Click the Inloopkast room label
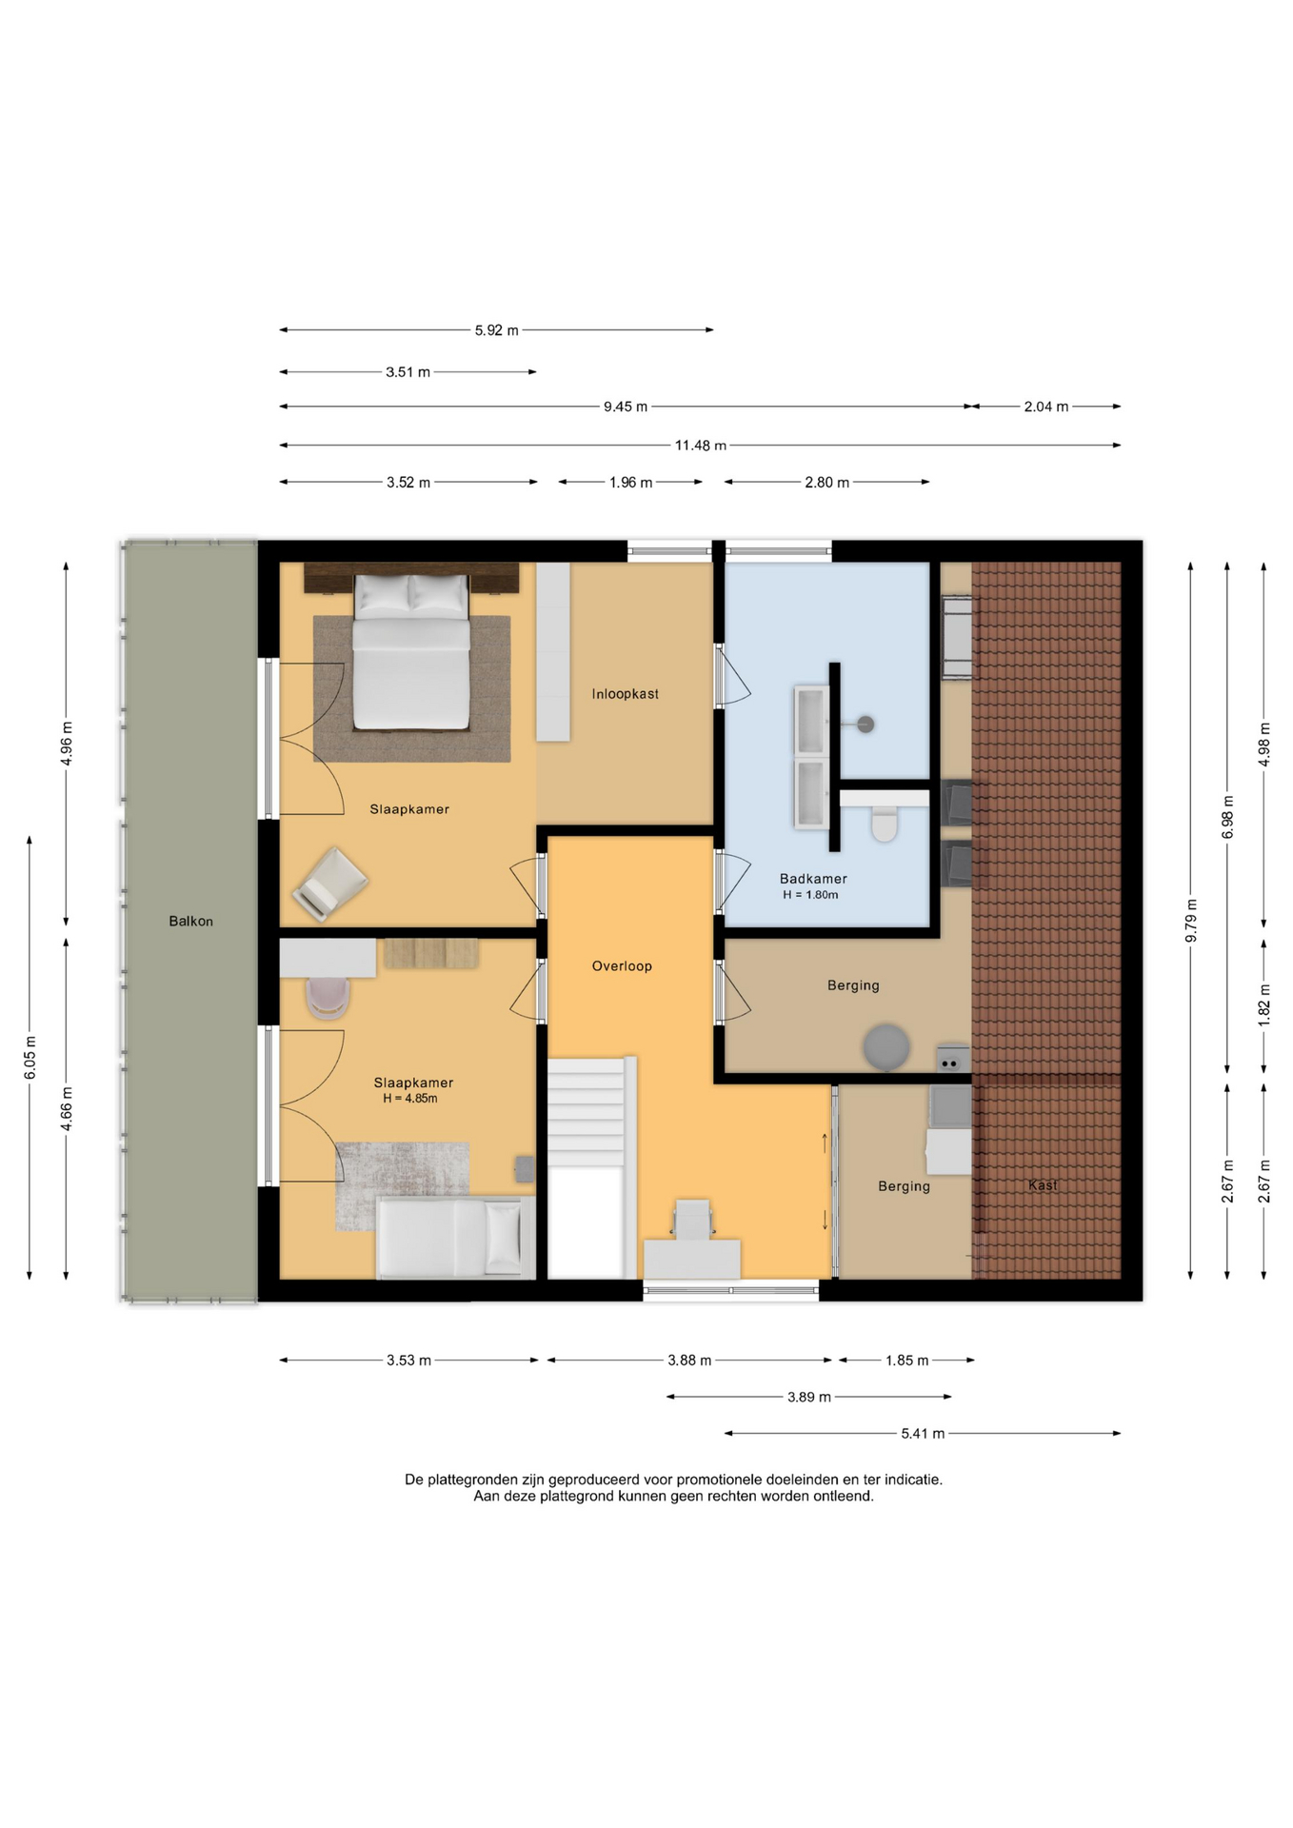click(625, 694)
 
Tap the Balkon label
click(190, 922)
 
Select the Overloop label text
click(622, 966)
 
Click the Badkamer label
click(813, 879)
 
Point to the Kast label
click(1043, 1185)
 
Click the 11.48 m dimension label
click(701, 446)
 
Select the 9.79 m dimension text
click(1191, 921)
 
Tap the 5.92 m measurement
click(497, 330)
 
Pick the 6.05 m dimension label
click(30, 1058)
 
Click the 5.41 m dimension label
click(923, 1434)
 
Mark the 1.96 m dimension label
click(631, 483)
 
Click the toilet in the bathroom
click(885, 823)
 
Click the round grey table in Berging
click(886, 1047)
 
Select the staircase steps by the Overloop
click(587, 1112)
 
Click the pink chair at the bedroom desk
click(328, 998)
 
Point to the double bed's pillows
click(411, 593)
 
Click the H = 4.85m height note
click(410, 1099)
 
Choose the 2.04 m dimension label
click(1046, 407)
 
